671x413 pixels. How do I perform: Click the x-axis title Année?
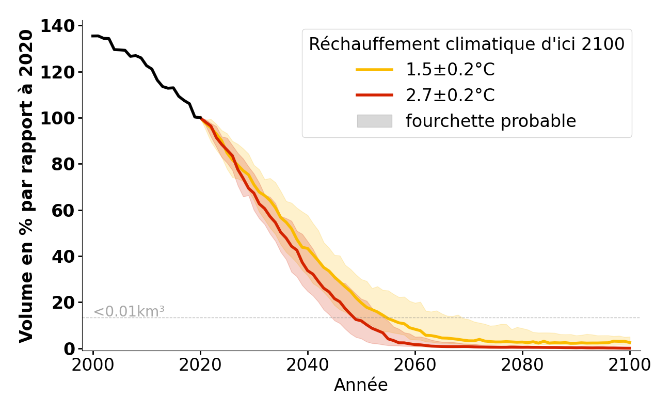(x=361, y=385)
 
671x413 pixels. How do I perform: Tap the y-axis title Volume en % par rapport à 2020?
(x=26, y=186)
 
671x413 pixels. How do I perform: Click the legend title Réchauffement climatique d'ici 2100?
(x=467, y=44)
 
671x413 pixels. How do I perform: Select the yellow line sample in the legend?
(x=374, y=70)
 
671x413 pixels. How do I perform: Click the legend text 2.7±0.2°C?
(x=450, y=96)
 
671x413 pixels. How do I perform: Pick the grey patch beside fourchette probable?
(x=374, y=121)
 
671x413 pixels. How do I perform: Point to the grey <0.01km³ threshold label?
(x=129, y=312)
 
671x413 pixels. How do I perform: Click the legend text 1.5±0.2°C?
(x=450, y=70)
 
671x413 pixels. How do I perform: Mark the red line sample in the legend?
(x=374, y=96)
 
